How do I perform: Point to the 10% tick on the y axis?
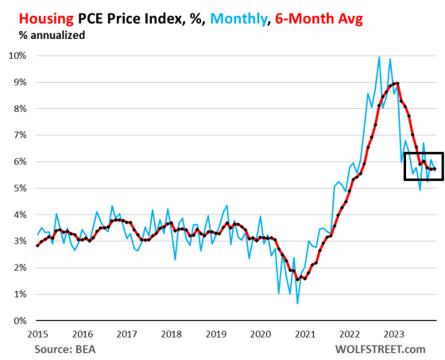tap(18, 56)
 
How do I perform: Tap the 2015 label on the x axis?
tap(37, 335)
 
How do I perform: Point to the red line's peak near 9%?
tap(397, 83)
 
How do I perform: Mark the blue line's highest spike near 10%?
tap(379, 56)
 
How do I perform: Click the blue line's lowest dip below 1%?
tap(297, 304)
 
